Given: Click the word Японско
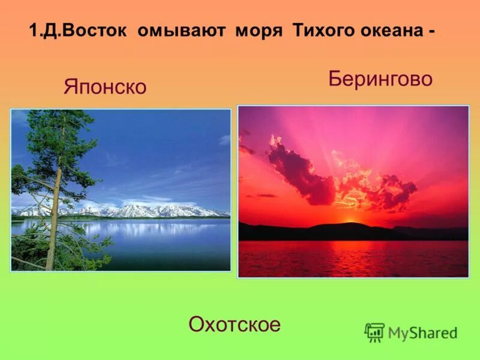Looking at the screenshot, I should [x=105, y=87].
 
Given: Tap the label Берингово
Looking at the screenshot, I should [x=380, y=79].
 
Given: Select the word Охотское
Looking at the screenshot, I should [x=235, y=325].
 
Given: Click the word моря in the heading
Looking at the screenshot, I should [x=258, y=31].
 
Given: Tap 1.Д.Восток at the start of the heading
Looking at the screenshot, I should [x=78, y=31].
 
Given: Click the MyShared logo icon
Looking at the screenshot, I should [x=374, y=332].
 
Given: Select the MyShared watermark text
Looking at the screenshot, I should [x=422, y=333].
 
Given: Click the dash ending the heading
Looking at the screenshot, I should [x=431, y=32].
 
